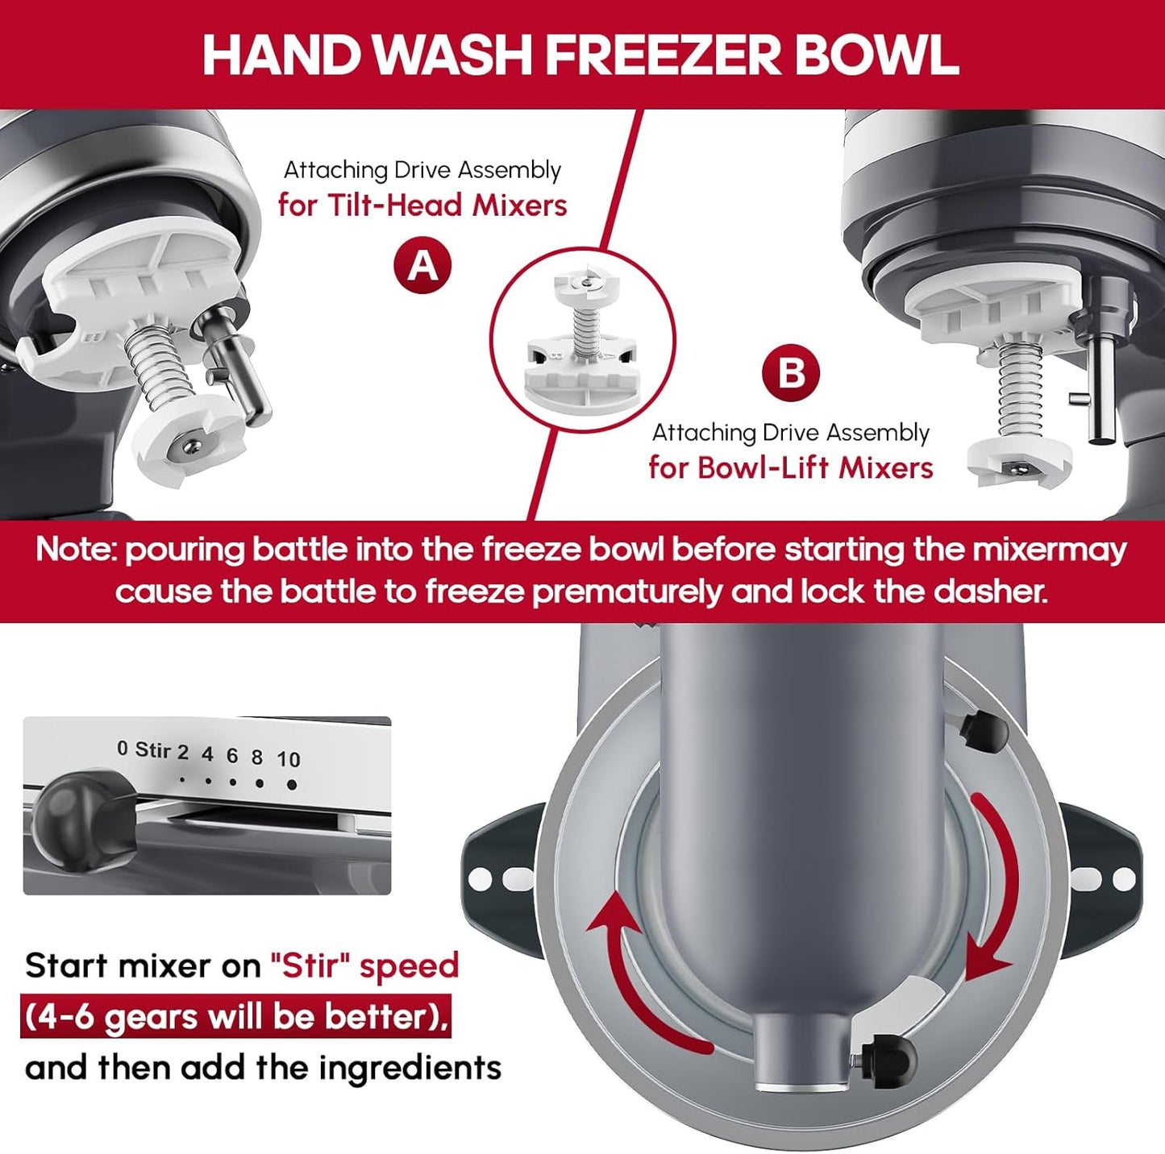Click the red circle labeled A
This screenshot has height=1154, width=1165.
point(422,265)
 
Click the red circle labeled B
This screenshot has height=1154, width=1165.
point(791,372)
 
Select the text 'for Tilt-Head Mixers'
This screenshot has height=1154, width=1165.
point(422,205)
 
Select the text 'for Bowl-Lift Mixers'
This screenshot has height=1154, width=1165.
point(790,467)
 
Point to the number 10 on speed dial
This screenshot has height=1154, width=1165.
point(289,759)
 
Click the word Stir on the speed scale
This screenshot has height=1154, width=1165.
point(153,750)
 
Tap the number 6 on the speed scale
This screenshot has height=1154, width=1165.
point(232,756)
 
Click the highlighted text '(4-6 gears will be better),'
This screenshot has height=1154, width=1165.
point(235,1017)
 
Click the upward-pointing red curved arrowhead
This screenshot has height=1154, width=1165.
point(613,915)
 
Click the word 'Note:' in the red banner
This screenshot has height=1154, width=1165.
point(77,550)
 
